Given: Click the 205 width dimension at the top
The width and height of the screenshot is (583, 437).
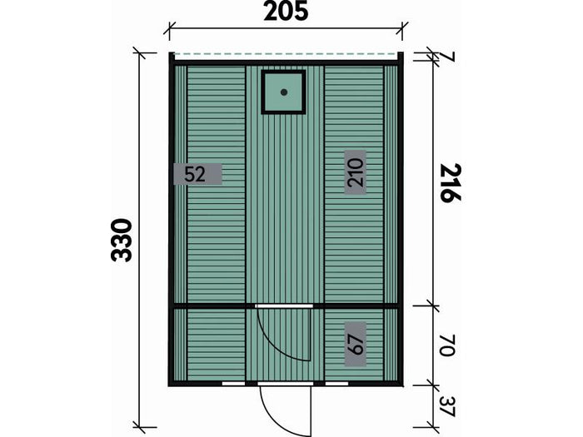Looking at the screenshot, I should coord(286,12).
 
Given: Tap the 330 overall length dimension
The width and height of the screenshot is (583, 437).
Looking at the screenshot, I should coord(122,240).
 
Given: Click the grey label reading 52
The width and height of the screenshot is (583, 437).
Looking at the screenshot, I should coord(197,174).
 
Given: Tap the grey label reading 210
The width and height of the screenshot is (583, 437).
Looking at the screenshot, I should coord(355,172).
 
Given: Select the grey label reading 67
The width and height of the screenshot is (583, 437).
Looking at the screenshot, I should coord(355,344).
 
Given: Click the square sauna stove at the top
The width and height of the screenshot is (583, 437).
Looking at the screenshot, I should coord(283,92).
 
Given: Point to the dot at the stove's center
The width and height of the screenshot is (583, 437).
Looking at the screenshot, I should coord(283,92).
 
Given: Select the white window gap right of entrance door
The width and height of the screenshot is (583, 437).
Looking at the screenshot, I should coord(336,384).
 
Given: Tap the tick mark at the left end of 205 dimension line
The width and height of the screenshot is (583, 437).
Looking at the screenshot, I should coord(169,32).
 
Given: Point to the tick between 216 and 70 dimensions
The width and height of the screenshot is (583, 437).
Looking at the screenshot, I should coord(433,305).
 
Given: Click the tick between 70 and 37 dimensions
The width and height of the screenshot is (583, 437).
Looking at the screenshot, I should coord(433,385).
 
